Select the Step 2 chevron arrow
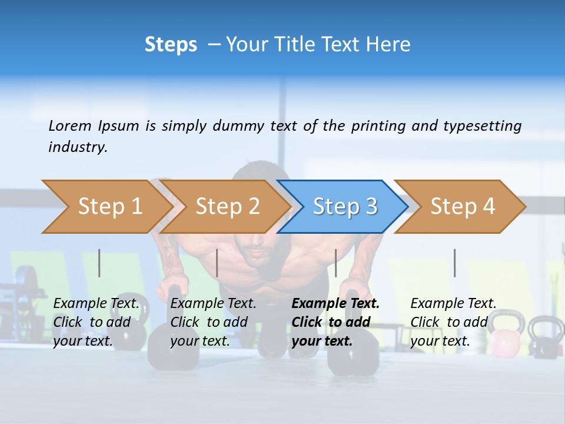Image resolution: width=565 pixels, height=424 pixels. (x=227, y=207)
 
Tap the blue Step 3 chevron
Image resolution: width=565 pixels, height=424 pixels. (x=344, y=207)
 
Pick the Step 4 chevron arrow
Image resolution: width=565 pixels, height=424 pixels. (x=462, y=207)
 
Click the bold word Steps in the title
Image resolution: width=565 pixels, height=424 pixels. (x=171, y=44)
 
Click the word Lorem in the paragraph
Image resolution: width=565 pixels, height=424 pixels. (x=70, y=125)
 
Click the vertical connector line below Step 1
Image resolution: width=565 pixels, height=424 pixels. (x=99, y=263)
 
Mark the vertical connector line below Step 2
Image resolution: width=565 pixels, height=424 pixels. (x=217, y=263)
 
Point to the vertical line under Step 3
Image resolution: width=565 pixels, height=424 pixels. (x=335, y=263)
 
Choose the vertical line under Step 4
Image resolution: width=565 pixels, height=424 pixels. (x=454, y=263)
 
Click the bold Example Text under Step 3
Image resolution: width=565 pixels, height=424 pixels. (x=335, y=303)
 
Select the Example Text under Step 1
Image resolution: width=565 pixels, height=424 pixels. (x=96, y=303)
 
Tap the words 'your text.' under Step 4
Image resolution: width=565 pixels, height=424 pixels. (x=440, y=341)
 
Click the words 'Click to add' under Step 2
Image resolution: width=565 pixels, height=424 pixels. (x=209, y=322)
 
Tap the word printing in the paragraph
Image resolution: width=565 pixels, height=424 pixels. (x=379, y=125)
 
